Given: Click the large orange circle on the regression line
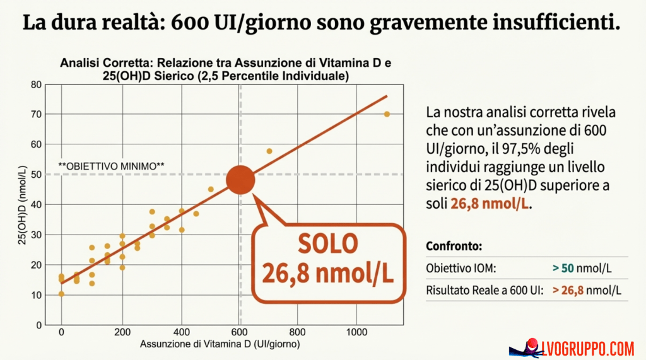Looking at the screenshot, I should coord(240,180).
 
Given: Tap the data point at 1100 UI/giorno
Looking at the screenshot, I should coord(387,114).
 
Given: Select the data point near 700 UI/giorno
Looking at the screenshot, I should coord(269,151).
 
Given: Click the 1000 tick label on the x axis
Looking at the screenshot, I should coord(357,332).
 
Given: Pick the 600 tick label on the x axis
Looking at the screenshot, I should coord(239,332).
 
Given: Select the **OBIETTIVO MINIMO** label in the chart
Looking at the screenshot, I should coord(111,166).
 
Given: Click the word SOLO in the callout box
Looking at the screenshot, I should coord(328,245).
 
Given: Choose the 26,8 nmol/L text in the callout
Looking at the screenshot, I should coord(328,274).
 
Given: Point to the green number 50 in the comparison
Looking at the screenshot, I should coord(568,269).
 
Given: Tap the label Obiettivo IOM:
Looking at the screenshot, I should coord(461,269).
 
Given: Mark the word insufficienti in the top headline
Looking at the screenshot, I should coord(554,23).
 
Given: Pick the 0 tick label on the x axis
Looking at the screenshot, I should coord(61,332).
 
